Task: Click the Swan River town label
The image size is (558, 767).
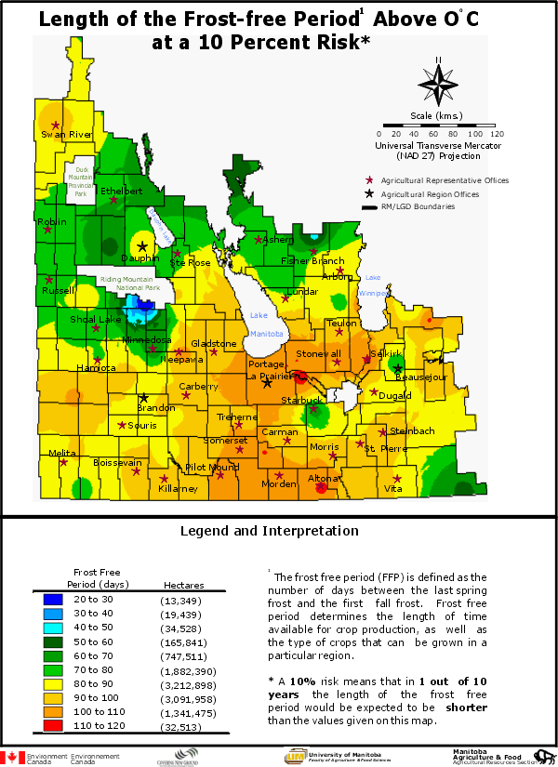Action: tap(66, 135)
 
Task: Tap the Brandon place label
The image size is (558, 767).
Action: tap(155, 408)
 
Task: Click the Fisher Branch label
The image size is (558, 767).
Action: tap(313, 261)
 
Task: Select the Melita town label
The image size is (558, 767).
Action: tap(63, 453)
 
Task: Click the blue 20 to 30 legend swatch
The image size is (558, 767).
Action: tap(53, 600)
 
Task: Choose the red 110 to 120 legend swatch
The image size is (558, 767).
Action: tap(53, 725)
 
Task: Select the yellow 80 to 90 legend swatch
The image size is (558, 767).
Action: tap(53, 683)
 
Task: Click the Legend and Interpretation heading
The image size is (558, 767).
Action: tap(269, 531)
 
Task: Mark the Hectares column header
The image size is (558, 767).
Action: tap(183, 585)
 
